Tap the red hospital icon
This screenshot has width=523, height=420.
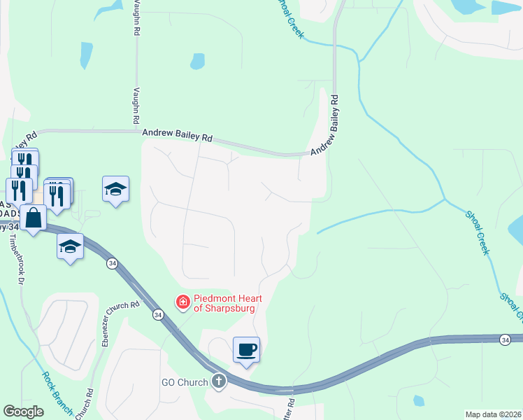point(183,302)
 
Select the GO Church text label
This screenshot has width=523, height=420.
point(185,382)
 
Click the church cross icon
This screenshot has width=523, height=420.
point(219,382)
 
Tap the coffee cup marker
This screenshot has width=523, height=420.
point(247,349)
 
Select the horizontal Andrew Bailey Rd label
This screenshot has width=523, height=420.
point(177,134)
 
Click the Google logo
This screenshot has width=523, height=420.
point(23,412)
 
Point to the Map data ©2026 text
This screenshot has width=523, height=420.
point(494,414)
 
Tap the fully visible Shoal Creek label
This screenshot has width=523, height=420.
point(476,230)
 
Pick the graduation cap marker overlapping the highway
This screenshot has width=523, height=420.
point(70,246)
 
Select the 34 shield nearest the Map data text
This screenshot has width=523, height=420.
point(505,339)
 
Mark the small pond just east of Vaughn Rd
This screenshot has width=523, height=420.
point(198,61)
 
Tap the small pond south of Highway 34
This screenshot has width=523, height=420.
point(418,401)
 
